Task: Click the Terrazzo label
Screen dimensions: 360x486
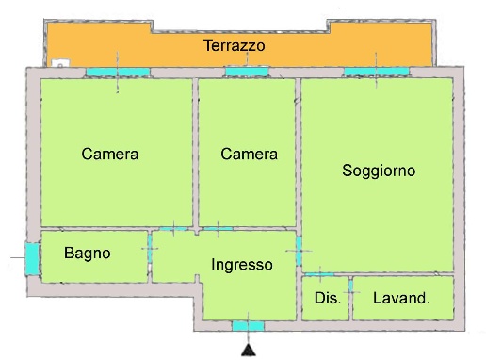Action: click(234, 45)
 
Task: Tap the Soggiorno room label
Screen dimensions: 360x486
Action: click(379, 171)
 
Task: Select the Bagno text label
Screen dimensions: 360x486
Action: click(88, 253)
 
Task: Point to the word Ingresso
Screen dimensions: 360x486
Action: click(242, 265)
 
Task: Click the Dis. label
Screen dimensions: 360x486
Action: click(326, 298)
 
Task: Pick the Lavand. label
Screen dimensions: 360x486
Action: click(401, 298)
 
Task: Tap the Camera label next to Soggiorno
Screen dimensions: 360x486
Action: click(249, 154)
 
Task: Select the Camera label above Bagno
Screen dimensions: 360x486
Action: click(110, 154)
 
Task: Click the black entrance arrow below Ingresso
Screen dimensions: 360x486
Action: click(249, 351)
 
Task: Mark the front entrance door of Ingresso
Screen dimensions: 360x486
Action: click(249, 326)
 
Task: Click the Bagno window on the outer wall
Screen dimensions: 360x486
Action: click(31, 256)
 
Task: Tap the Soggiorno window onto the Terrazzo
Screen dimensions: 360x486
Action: click(375, 72)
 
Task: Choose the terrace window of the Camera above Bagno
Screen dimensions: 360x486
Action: click(118, 72)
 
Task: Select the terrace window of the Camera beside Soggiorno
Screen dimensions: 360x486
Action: click(247, 72)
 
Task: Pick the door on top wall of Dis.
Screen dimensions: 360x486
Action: click(320, 274)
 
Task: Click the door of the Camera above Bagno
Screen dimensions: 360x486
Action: click(172, 229)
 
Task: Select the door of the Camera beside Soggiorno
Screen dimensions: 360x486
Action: click(218, 229)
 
